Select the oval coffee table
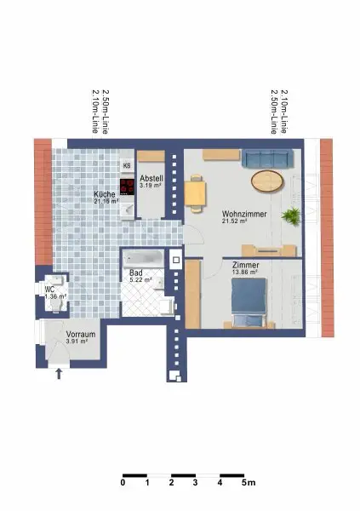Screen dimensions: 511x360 [267, 181]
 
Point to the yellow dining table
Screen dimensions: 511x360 [196, 192]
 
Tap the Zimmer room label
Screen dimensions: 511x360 [245, 267]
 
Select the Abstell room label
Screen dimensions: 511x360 [151, 177]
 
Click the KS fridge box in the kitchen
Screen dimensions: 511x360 [128, 166]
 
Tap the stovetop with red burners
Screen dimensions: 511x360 [128, 186]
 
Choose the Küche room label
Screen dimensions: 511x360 [105, 194]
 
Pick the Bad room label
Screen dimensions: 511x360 [137, 272]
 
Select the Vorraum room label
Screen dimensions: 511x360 [80, 335]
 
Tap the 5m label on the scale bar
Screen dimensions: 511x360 [249, 483]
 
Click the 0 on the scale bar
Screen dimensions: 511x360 [123, 483]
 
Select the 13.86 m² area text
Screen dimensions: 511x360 [245, 274]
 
